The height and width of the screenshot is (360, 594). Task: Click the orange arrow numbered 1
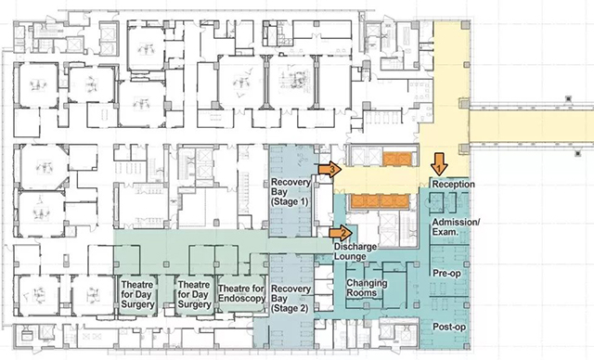[439, 164]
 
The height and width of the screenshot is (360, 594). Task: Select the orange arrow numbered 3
[330, 169]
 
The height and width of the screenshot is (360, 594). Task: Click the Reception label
[454, 185]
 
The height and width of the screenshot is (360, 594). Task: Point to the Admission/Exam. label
[456, 226]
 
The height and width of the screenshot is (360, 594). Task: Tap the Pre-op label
[446, 274]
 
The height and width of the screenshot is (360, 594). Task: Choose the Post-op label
[449, 327]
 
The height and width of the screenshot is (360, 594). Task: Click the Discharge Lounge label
[355, 251]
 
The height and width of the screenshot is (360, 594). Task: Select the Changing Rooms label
[367, 288]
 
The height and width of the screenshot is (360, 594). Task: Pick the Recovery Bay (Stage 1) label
[291, 192]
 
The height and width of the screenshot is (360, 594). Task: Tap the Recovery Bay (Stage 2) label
[291, 299]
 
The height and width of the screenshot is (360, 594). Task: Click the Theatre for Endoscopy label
[241, 293]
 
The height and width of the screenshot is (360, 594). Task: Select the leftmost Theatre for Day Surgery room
[137, 294]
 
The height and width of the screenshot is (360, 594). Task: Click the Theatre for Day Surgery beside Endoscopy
[194, 294]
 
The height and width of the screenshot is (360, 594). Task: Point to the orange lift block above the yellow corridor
[397, 160]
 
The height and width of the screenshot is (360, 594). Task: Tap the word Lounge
[350, 257]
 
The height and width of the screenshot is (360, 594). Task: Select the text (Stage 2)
[290, 309]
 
